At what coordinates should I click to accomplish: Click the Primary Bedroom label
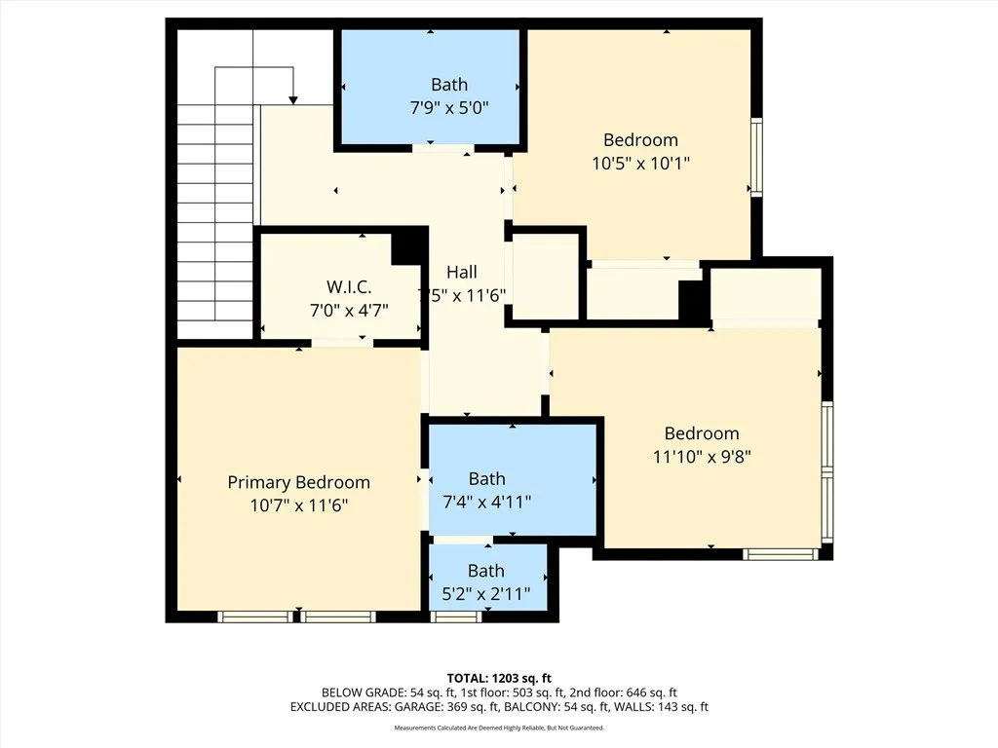click(x=298, y=482)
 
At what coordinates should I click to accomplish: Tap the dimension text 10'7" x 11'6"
click(x=298, y=505)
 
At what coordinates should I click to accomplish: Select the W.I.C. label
click(x=348, y=287)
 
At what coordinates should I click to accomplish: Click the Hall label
click(x=461, y=272)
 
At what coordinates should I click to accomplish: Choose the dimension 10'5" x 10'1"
click(x=640, y=164)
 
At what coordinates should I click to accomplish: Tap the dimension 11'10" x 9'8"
click(x=701, y=456)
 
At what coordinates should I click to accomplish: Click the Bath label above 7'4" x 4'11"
click(x=486, y=478)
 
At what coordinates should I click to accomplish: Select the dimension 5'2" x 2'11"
click(x=485, y=593)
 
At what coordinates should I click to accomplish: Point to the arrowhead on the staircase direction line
click(x=292, y=98)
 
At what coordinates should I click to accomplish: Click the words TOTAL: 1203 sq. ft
click(x=498, y=678)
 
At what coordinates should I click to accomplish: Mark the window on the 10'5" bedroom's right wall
click(x=755, y=156)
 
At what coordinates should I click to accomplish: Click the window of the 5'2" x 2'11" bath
click(x=455, y=616)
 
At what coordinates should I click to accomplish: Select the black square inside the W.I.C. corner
click(x=406, y=248)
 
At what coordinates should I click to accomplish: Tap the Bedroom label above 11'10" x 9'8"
click(x=701, y=433)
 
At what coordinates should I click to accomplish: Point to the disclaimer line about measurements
click(x=498, y=728)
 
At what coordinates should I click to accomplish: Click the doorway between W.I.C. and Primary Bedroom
click(x=341, y=342)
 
